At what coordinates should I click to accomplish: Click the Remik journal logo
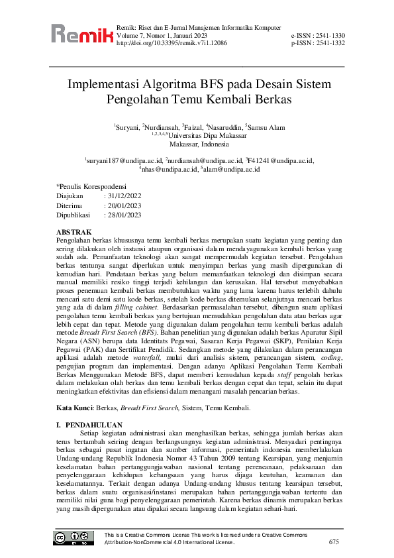81,34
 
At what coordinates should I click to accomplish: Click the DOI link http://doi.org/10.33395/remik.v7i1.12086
172,42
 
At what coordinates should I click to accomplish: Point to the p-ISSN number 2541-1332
329,42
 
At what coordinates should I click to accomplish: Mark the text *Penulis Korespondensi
95,187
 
